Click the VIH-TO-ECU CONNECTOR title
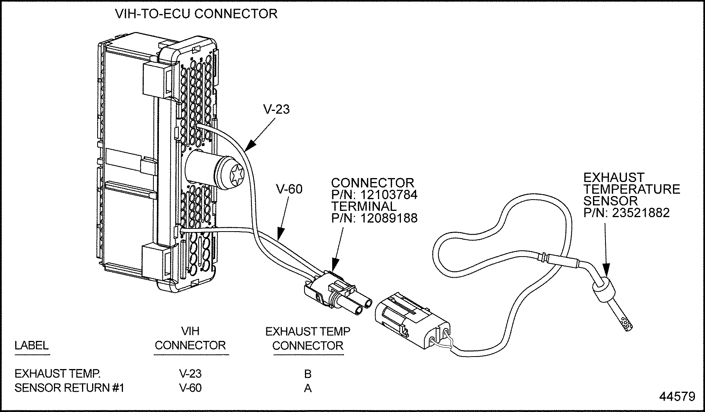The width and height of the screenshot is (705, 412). (196, 14)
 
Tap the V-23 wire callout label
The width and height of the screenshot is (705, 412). (276, 109)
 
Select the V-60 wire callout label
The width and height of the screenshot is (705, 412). (289, 189)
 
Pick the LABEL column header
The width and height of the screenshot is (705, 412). (32, 345)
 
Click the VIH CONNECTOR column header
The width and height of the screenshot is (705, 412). (190, 338)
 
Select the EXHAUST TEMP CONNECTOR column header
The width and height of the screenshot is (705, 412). (308, 338)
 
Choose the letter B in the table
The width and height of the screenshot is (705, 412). (308, 374)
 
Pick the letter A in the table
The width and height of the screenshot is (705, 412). (308, 389)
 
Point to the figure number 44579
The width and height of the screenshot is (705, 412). (677, 397)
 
